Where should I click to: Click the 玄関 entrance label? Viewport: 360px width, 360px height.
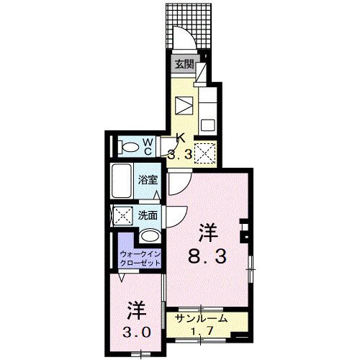point(184,63)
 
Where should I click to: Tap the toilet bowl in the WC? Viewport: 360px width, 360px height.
point(131,148)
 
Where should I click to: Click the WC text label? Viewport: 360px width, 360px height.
point(146,147)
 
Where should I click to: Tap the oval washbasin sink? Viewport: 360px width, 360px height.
point(150,235)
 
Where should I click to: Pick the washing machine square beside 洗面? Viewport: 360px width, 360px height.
point(122,215)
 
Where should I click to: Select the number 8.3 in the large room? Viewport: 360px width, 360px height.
point(209,254)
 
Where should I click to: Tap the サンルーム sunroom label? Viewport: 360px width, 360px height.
point(202,318)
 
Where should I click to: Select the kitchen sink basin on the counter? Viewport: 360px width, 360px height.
point(185,104)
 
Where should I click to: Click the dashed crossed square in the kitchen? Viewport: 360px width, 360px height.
point(207,153)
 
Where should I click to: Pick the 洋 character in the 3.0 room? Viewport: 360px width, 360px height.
point(138,312)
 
